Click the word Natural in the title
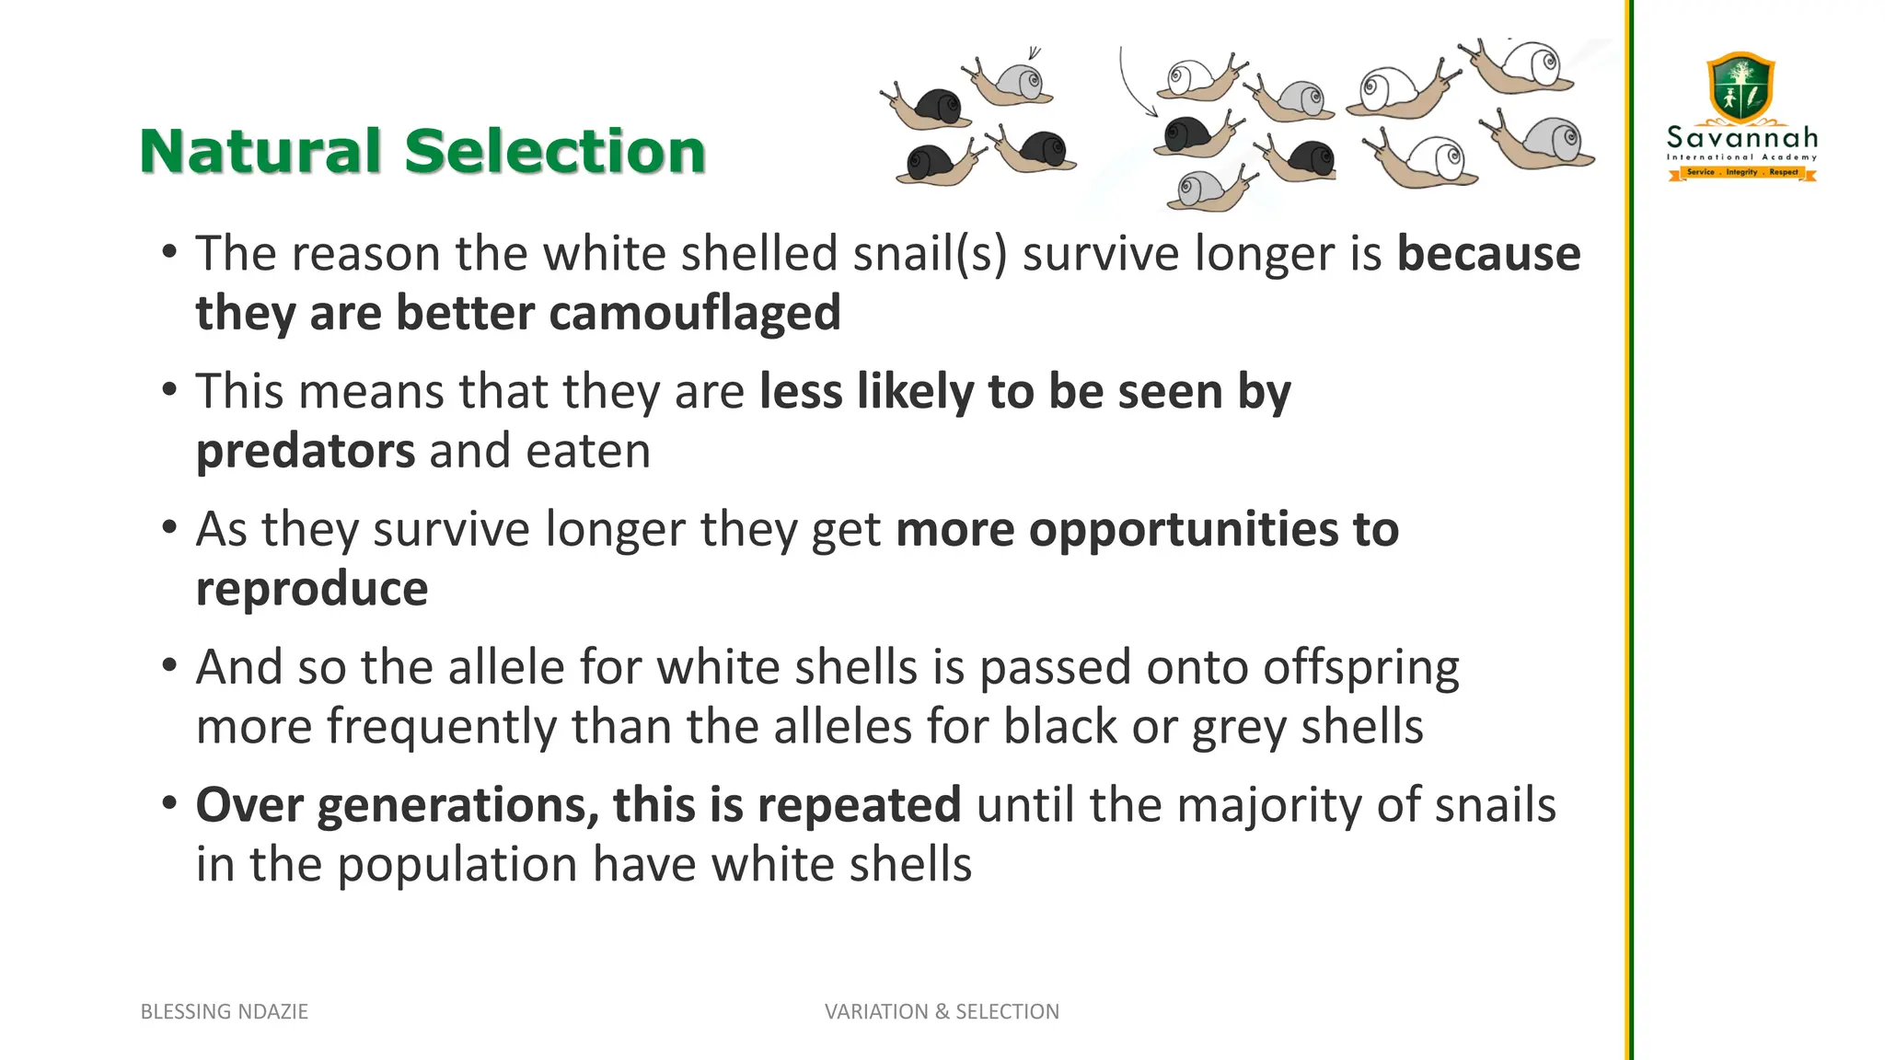click(x=260, y=151)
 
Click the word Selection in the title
click(x=555, y=151)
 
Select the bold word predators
click(x=306, y=451)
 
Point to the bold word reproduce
click(x=312, y=589)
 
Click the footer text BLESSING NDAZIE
click(x=224, y=1011)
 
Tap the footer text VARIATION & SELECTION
click(x=942, y=1011)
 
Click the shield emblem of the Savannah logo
click(x=1740, y=87)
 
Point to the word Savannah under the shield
click(x=1742, y=138)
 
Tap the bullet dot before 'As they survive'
click(x=168, y=528)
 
